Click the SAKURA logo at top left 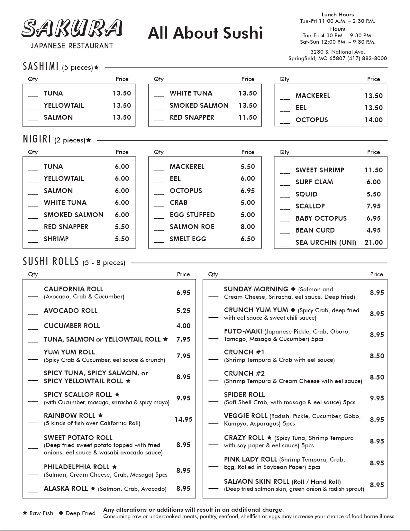[72, 28]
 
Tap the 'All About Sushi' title [205, 33]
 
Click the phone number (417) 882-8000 [367, 58]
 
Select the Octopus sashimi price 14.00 [373, 120]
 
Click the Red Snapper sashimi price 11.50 [248, 117]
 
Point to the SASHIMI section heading [41, 67]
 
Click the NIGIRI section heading [37, 139]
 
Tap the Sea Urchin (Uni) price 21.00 [373, 243]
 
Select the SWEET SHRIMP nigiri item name [320, 170]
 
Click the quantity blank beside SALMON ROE [159, 229]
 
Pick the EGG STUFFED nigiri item [192, 215]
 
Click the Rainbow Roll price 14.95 [183, 419]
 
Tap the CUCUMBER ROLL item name [72, 326]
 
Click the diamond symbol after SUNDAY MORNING [293, 289]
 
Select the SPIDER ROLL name [244, 395]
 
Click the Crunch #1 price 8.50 [377, 356]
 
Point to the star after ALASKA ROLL [93, 489]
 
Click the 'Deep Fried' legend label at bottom [80, 513]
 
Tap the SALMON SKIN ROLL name [257, 481]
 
